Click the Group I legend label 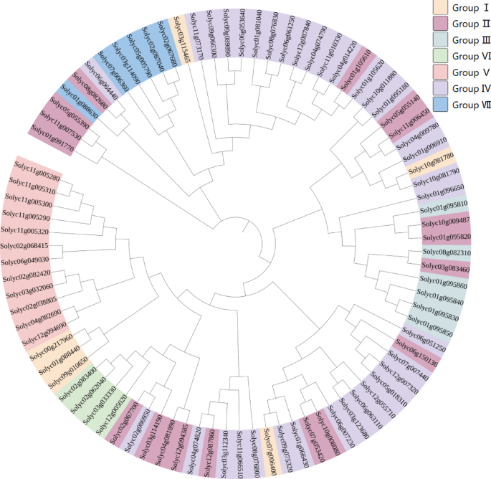[466, 8]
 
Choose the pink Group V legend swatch [442, 73]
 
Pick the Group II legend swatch [442, 24]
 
